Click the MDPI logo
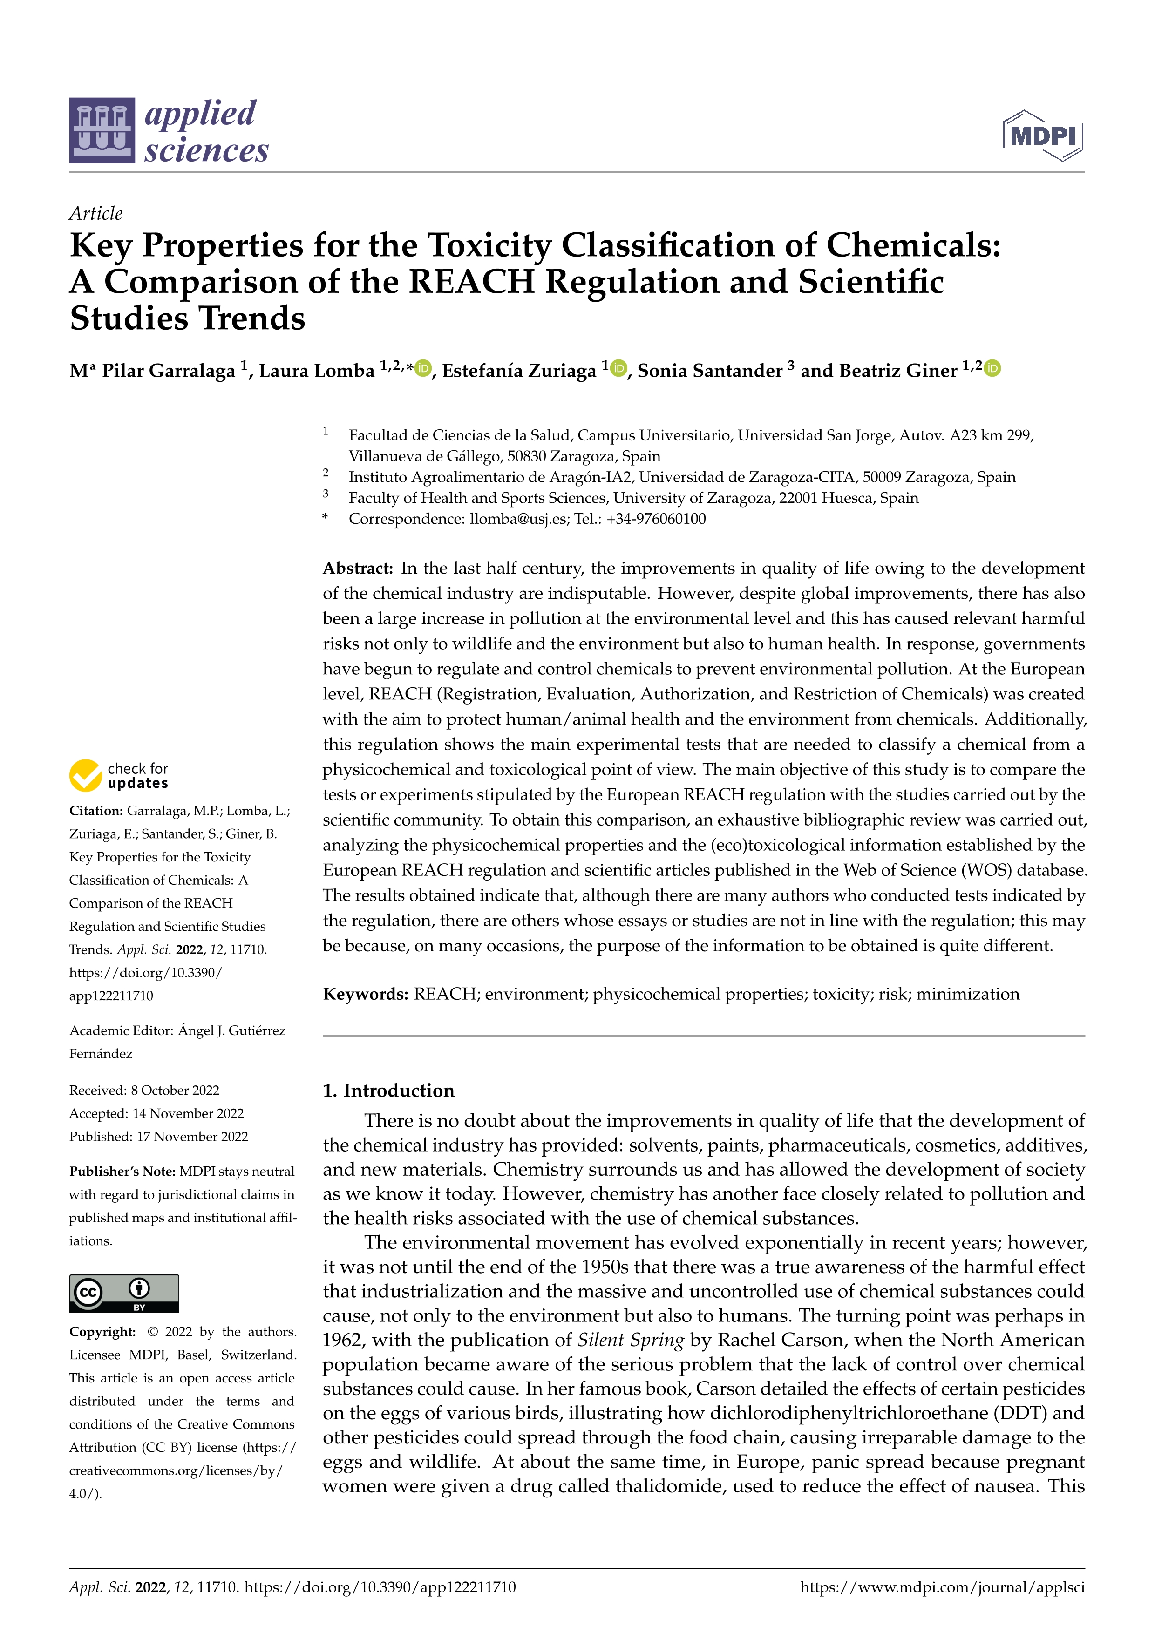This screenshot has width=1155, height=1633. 1043,135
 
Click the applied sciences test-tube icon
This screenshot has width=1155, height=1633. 102,131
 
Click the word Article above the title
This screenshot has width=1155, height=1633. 96,213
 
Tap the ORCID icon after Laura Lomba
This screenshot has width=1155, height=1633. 423,368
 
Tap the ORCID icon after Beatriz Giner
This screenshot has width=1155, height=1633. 993,368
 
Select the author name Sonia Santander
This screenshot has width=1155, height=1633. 709,371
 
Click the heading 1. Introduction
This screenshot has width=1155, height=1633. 388,1091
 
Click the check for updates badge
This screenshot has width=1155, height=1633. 119,775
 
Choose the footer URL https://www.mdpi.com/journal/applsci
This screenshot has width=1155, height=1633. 942,1587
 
